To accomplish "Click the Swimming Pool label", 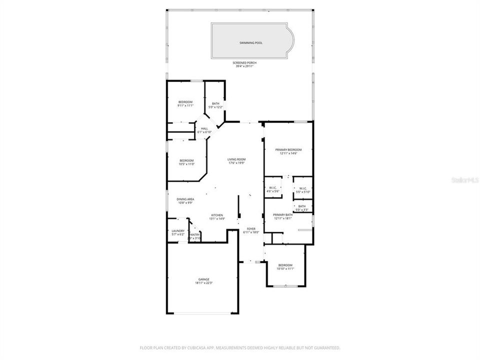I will (251, 43).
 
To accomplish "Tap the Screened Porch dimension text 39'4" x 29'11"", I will (245, 66).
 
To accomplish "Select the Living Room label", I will (236, 159).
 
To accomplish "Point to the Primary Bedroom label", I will (288, 150).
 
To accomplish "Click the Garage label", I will (203, 279).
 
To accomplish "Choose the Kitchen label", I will (216, 215).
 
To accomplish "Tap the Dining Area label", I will (185, 199).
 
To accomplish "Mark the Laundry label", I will (178, 231).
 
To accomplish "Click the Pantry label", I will (194, 234).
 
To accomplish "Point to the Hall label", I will (204, 129).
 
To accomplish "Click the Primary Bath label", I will (283, 215).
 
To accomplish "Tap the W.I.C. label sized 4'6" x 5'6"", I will (273, 188).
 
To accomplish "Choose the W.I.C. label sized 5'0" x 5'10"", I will (302, 188).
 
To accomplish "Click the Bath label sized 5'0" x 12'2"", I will (215, 103).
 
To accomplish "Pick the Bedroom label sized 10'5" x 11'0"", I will (186, 160).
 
